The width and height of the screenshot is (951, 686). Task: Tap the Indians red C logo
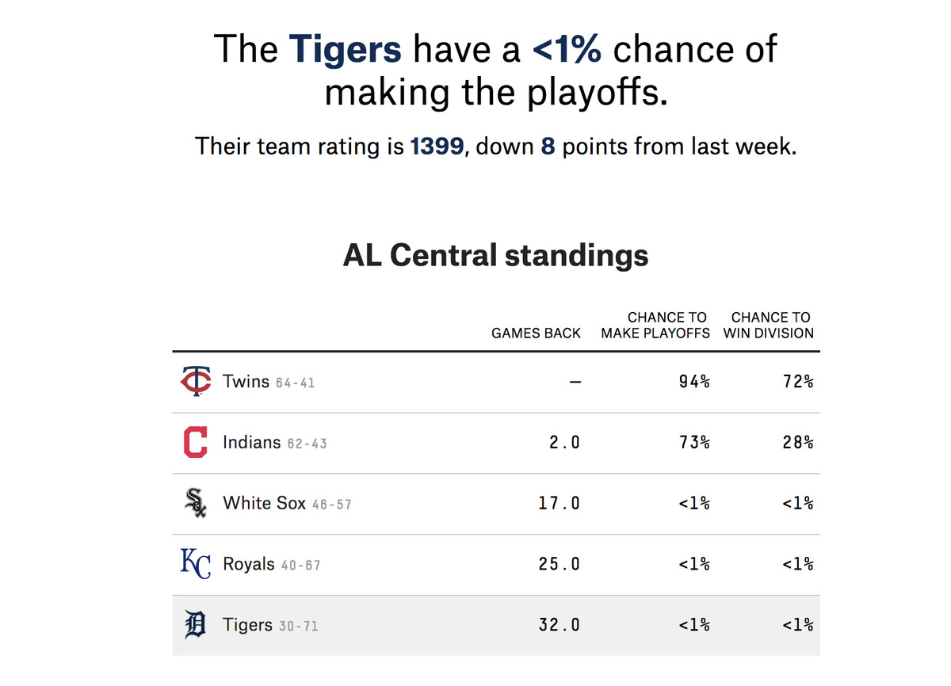(x=195, y=442)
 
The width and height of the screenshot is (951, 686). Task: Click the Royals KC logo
(x=195, y=564)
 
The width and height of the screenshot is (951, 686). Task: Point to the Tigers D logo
(x=195, y=625)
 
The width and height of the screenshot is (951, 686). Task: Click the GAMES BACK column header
(x=536, y=333)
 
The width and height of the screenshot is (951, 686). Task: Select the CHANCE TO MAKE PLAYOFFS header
(x=655, y=326)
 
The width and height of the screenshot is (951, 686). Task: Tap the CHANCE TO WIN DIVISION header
(x=769, y=326)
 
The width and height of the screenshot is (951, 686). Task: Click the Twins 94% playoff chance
(x=694, y=382)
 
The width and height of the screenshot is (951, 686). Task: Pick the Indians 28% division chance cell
(x=797, y=443)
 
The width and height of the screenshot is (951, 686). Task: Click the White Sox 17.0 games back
(x=559, y=504)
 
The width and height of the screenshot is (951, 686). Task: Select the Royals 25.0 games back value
(x=559, y=565)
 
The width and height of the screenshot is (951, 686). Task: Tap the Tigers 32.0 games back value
(x=559, y=625)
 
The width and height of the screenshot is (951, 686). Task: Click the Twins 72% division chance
(x=797, y=382)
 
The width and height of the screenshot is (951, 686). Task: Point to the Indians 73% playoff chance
(x=694, y=443)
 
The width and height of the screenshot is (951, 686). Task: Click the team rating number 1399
(x=437, y=147)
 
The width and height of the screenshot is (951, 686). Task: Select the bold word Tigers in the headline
(x=345, y=49)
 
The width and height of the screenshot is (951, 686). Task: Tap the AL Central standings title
(x=496, y=255)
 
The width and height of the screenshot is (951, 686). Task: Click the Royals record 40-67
(x=300, y=566)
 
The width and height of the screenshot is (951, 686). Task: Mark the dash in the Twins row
(x=575, y=382)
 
